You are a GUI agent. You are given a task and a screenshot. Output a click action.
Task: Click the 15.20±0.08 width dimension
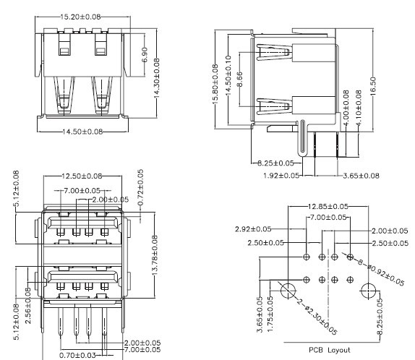(x=80, y=15)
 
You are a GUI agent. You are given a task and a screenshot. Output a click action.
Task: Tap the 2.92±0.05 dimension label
(x=254, y=229)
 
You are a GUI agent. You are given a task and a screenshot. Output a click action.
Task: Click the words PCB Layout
(x=328, y=350)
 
